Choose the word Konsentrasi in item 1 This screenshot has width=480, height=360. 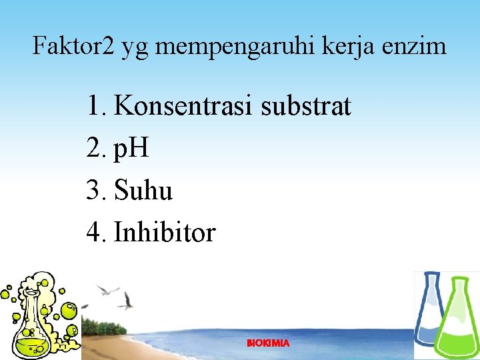click(183, 105)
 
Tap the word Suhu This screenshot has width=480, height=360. click(143, 191)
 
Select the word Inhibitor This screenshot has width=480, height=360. click(165, 232)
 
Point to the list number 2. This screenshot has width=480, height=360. click(96, 148)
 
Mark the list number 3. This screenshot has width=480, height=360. click(96, 191)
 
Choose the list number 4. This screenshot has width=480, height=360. click(96, 232)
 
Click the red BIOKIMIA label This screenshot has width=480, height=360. click(268, 343)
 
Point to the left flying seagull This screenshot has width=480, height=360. click(107, 290)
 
